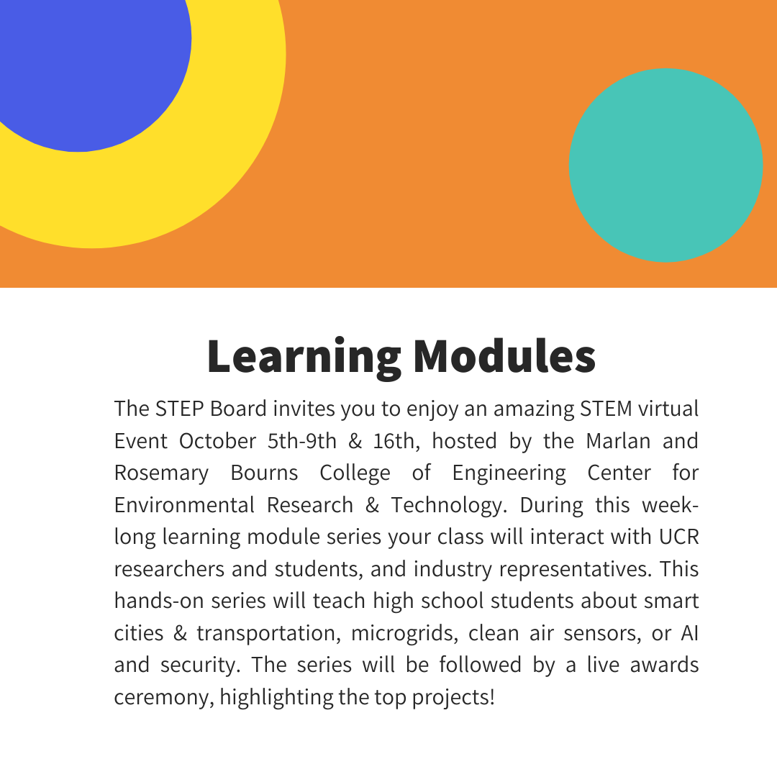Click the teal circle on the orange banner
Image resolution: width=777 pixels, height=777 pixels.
(x=665, y=165)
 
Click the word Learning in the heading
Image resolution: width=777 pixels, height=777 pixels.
(x=303, y=356)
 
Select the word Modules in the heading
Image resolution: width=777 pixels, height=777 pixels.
(x=504, y=356)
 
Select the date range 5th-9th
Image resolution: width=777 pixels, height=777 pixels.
(x=302, y=440)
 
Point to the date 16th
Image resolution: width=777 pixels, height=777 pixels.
(x=393, y=440)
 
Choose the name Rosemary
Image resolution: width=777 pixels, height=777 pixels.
(x=161, y=473)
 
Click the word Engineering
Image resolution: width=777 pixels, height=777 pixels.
(x=509, y=473)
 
